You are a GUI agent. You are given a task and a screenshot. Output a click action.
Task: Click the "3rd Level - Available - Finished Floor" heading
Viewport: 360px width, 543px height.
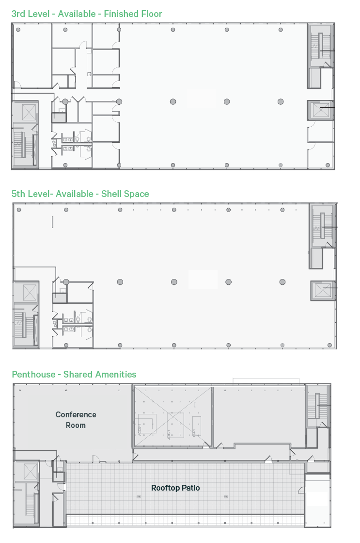[87, 14]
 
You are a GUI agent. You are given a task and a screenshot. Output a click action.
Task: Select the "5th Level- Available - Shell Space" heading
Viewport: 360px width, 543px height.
[80, 194]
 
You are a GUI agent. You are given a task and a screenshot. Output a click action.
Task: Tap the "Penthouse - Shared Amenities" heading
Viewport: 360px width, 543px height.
[74, 375]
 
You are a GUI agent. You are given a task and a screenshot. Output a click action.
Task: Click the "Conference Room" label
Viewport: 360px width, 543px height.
[76, 420]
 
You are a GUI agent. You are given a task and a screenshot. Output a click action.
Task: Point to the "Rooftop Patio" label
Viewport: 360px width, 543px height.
[175, 488]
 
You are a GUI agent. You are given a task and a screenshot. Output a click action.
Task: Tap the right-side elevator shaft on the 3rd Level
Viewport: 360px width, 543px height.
[320, 110]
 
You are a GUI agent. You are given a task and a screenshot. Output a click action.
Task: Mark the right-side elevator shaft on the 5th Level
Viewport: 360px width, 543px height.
[322, 291]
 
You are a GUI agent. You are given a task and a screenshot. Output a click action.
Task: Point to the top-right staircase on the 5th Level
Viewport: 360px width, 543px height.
[321, 228]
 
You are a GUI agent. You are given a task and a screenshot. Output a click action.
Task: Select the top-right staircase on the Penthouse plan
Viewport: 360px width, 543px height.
[317, 405]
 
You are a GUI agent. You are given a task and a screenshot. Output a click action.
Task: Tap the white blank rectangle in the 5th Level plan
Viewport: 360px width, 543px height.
[203, 280]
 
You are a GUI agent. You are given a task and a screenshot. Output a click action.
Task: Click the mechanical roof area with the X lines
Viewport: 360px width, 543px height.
[172, 417]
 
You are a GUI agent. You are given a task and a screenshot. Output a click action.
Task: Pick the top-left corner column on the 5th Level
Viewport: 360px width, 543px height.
[19, 210]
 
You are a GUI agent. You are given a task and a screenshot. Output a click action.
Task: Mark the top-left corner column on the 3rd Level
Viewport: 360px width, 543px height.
[18, 30]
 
